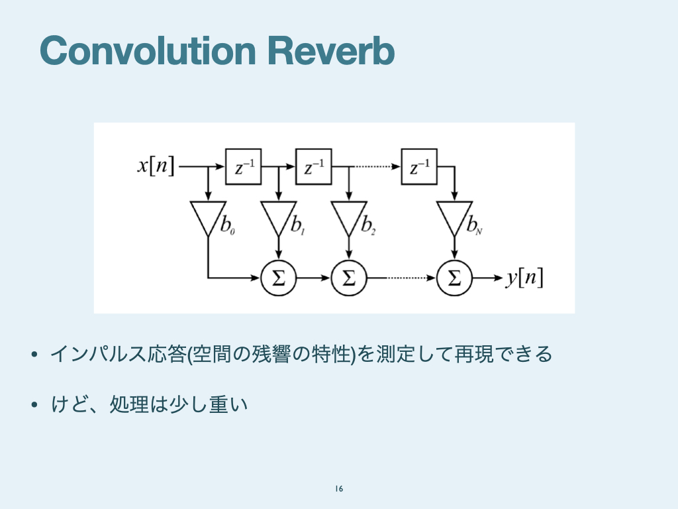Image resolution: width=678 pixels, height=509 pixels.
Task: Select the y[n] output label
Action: click(524, 278)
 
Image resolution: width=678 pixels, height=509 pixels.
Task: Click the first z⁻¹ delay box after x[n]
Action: click(244, 167)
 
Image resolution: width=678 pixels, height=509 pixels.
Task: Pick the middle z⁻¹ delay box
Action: click(314, 167)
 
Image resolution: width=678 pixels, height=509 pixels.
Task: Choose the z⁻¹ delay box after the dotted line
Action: click(420, 167)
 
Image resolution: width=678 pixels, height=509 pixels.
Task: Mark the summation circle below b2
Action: click(348, 278)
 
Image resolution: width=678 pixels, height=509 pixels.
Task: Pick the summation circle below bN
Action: click(454, 278)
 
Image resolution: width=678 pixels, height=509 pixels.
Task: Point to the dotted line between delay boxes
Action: click(375, 167)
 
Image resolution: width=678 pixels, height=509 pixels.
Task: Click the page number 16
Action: click(339, 489)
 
